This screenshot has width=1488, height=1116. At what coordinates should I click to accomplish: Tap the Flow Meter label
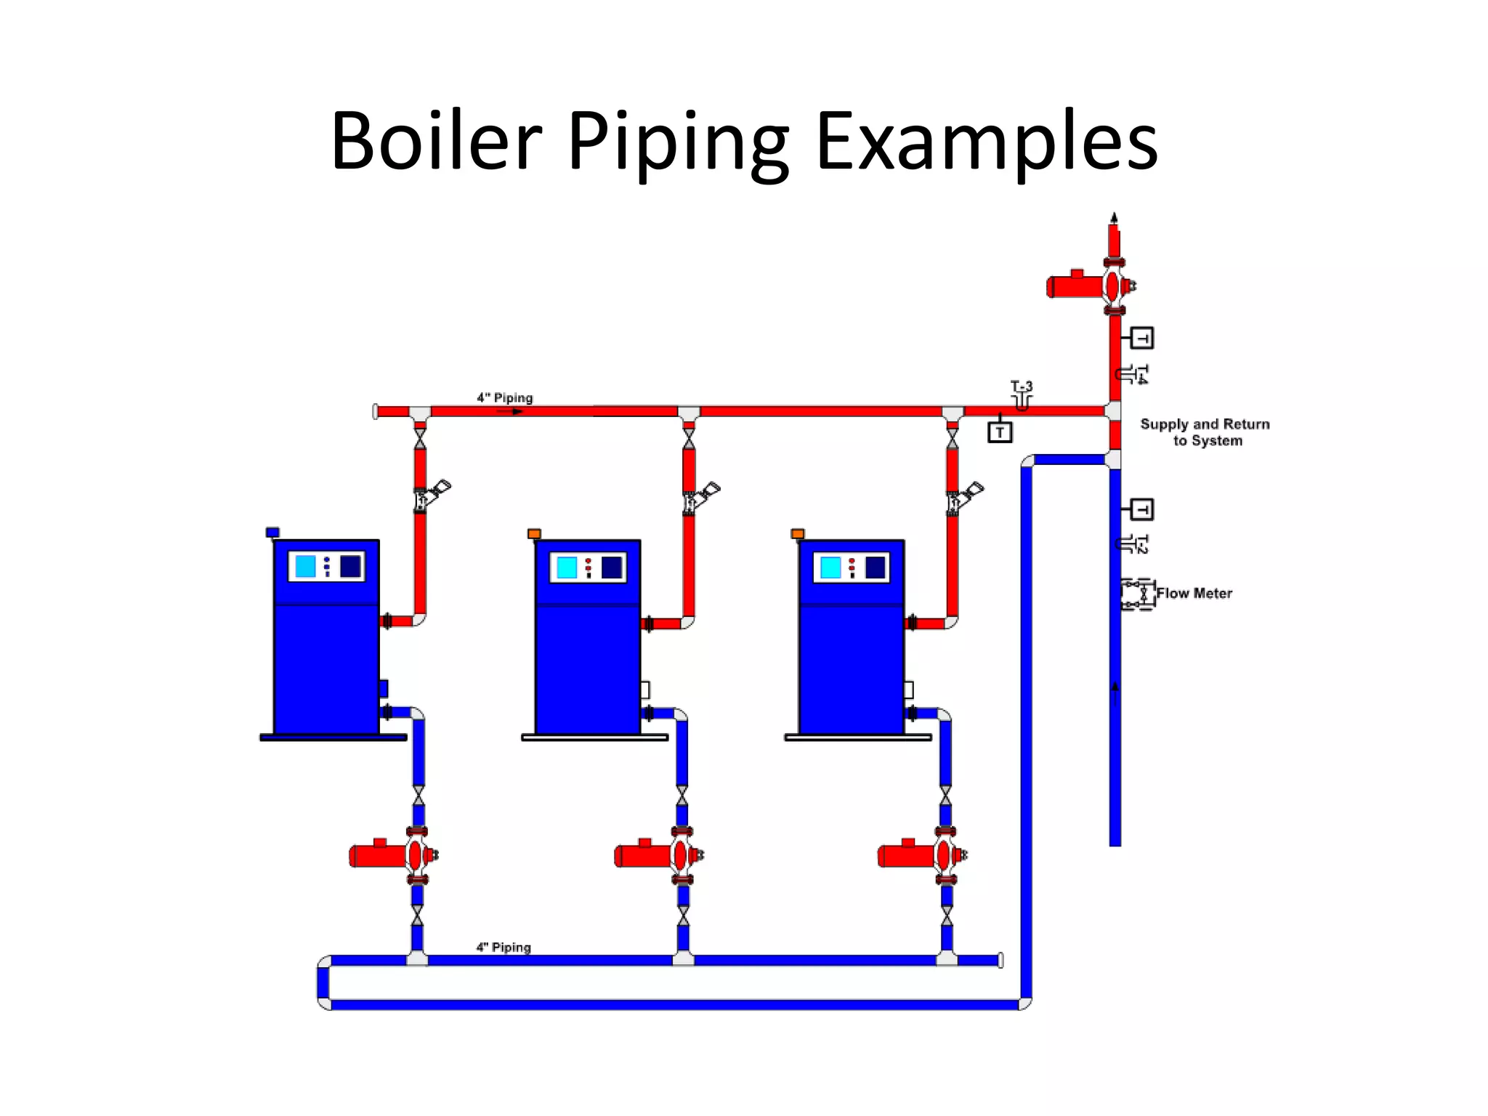pyautogui.click(x=1194, y=594)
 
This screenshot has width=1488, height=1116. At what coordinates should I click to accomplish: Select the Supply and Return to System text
pyautogui.click(x=1205, y=432)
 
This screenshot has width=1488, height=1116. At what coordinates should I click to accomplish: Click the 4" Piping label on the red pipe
pyautogui.click(x=504, y=398)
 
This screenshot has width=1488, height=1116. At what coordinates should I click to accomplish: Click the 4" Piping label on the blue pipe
pyautogui.click(x=504, y=947)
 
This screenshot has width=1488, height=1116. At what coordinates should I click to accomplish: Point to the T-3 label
pyautogui.click(x=1021, y=387)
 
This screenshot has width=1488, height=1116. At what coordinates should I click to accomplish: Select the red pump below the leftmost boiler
pyautogui.click(x=392, y=855)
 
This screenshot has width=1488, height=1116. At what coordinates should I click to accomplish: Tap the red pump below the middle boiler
pyautogui.click(x=658, y=855)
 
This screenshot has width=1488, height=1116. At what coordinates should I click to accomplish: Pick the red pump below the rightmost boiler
pyautogui.click(x=921, y=855)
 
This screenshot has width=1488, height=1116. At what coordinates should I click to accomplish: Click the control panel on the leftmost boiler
pyautogui.click(x=326, y=567)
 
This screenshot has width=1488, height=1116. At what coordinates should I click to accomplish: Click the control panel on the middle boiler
pyautogui.click(x=588, y=567)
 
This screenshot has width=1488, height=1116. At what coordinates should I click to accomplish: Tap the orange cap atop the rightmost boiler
pyautogui.click(x=797, y=534)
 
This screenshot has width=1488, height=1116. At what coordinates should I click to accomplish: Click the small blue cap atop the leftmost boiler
pyautogui.click(x=272, y=533)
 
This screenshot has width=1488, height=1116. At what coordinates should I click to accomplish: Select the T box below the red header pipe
pyautogui.click(x=1000, y=432)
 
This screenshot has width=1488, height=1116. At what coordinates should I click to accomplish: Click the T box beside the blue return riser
pyautogui.click(x=1141, y=509)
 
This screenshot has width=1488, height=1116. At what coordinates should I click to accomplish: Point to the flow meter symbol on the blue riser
pyautogui.click(x=1138, y=594)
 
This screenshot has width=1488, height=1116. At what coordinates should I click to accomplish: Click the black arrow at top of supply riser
pyautogui.click(x=1114, y=217)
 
